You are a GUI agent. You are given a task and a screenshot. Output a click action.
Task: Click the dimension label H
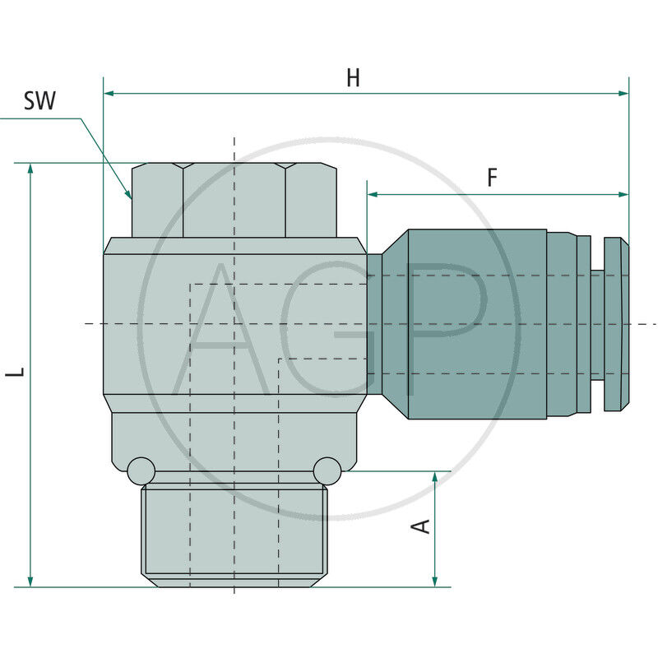pyautogui.click(x=353, y=78)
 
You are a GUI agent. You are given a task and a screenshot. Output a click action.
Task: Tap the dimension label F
pyautogui.click(x=492, y=178)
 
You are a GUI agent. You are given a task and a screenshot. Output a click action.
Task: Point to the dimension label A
pyautogui.click(x=421, y=525)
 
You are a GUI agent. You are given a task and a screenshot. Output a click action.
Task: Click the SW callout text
pyautogui.click(x=39, y=101)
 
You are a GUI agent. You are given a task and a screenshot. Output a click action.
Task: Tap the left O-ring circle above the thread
pyautogui.click(x=141, y=470)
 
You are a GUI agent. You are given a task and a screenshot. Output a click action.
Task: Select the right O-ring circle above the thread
pyautogui.click(x=327, y=470)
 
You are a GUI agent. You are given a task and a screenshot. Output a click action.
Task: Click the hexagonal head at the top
pyautogui.click(x=234, y=200)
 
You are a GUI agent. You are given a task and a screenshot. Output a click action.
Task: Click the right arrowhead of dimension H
pyautogui.click(x=623, y=94)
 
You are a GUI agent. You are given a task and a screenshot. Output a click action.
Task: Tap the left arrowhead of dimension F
pyautogui.click(x=373, y=195)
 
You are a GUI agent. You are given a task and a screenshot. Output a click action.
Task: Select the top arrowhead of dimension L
pyautogui.click(x=31, y=169)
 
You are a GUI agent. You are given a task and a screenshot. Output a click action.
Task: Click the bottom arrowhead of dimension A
pyautogui.click(x=435, y=582)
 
